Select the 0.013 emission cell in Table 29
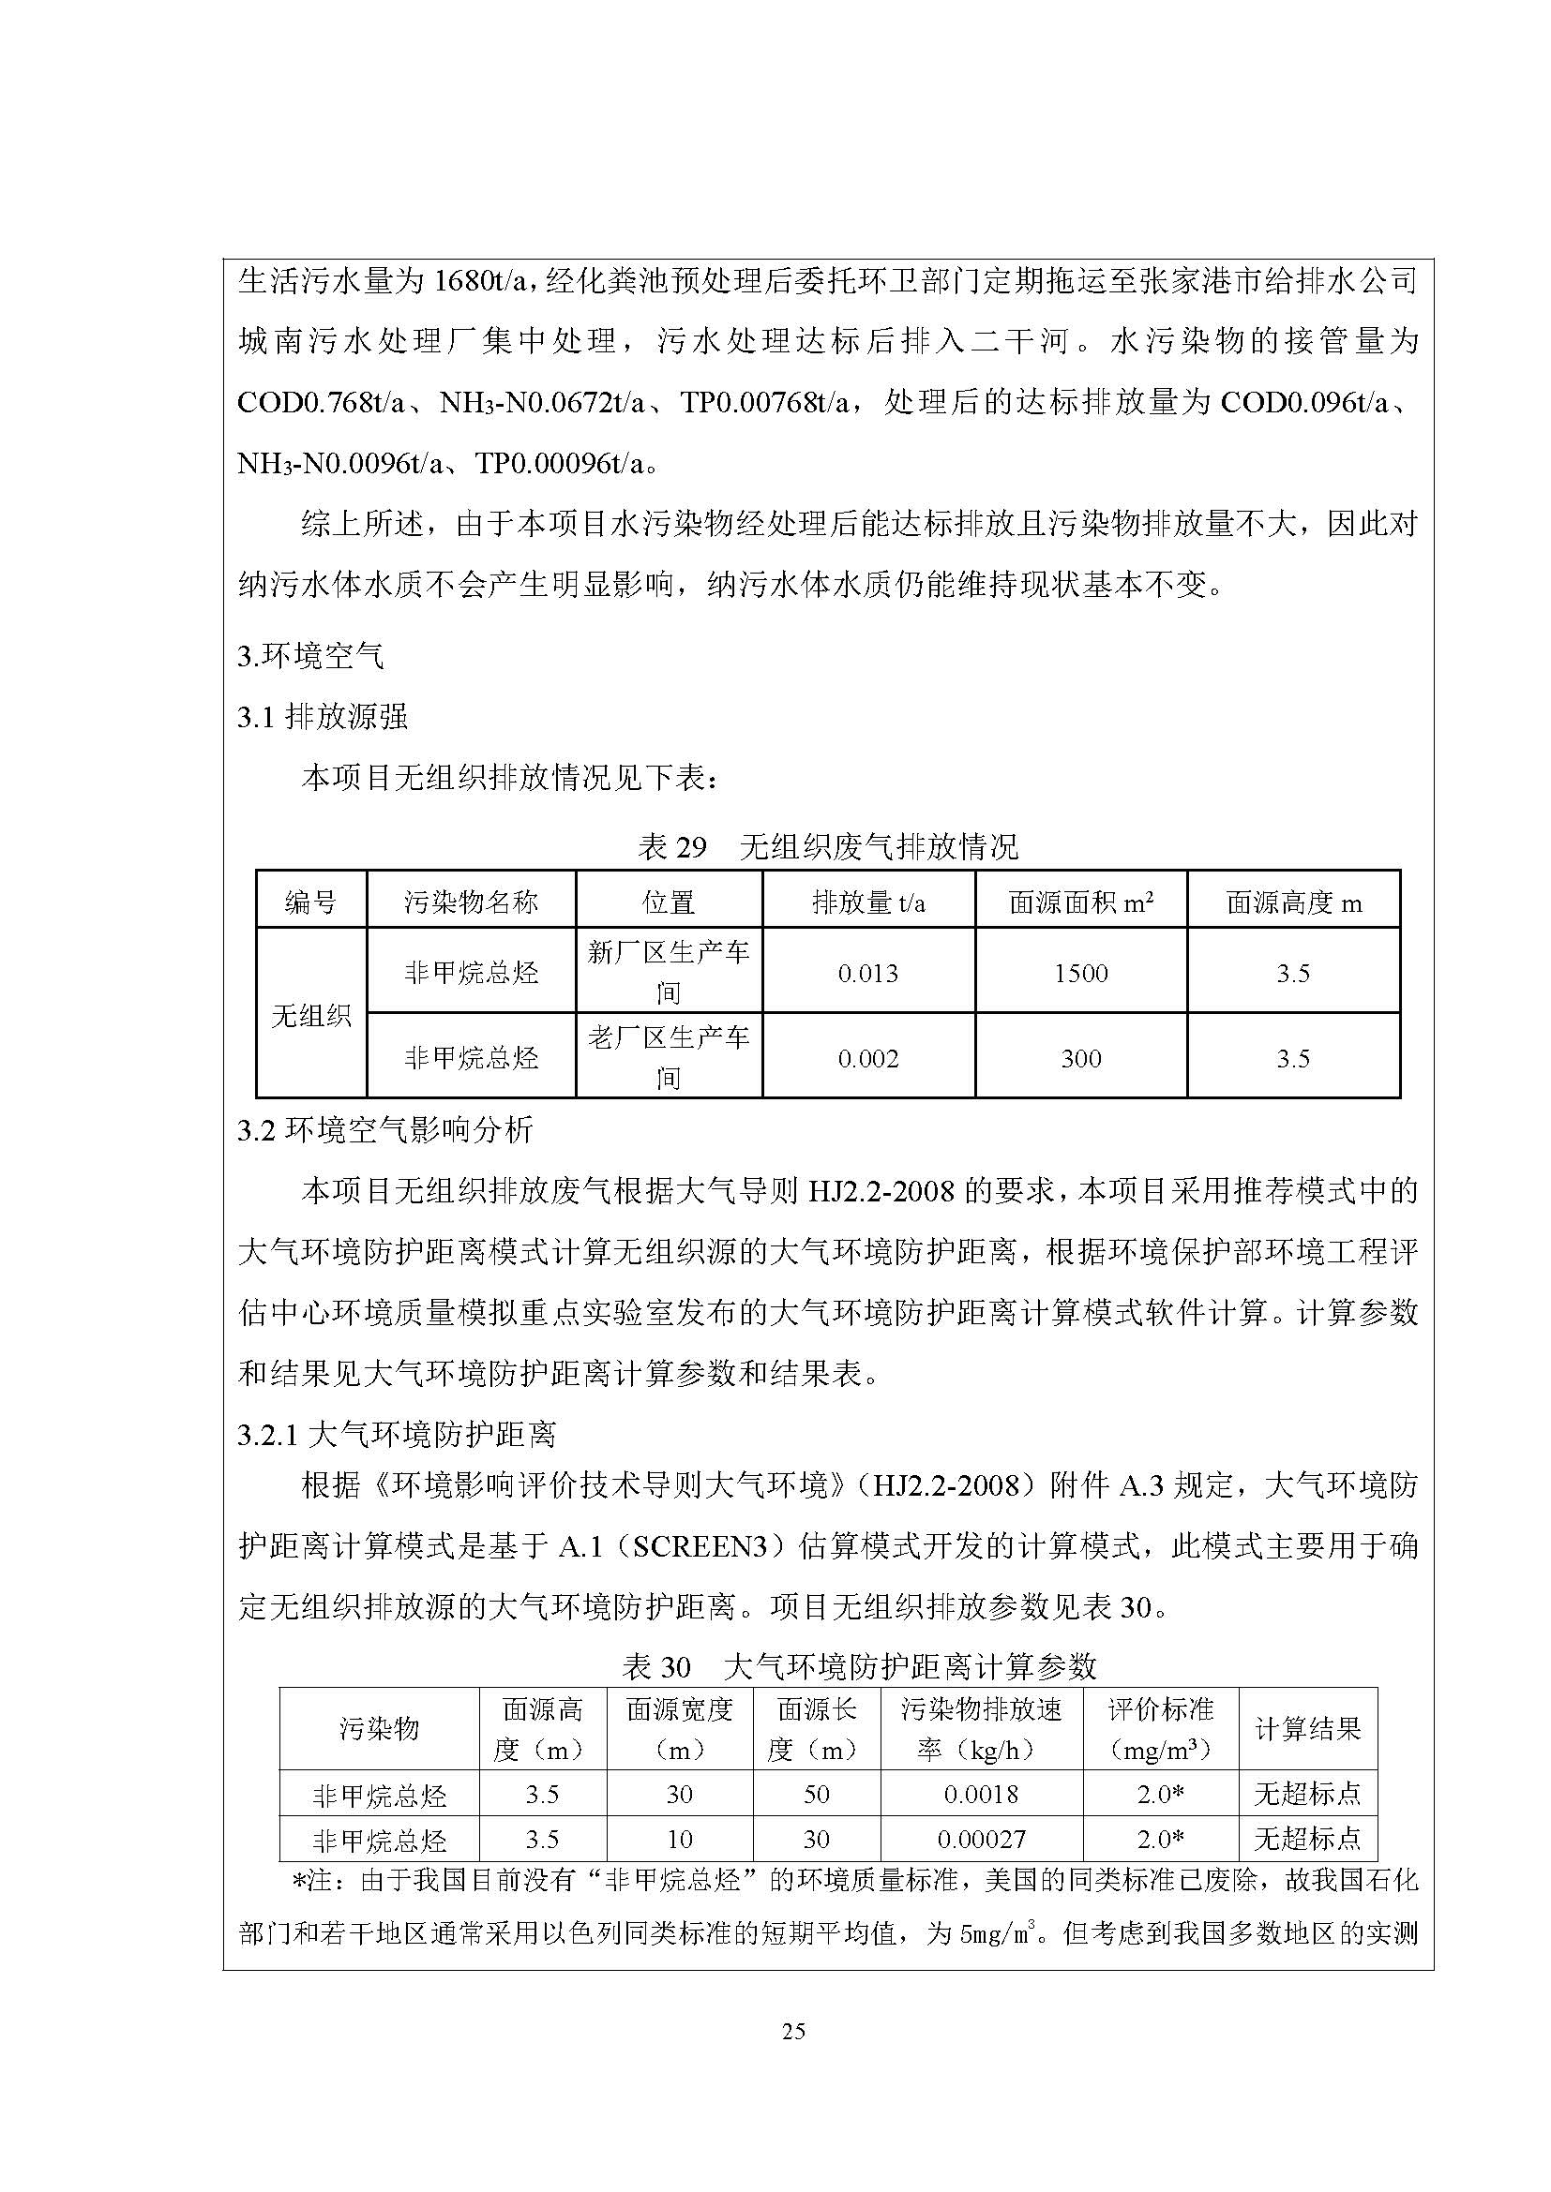pyautogui.click(x=868, y=974)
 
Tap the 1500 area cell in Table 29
pyautogui.click(x=1081, y=974)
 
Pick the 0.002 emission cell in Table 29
pyautogui.click(x=868, y=1059)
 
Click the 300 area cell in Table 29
pyautogui.click(x=1081, y=1059)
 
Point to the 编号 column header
pyautogui.click(x=310, y=902)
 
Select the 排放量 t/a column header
pyautogui.click(x=868, y=902)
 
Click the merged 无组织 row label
pyautogui.click(x=311, y=1016)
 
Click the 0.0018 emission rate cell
pyautogui.click(x=982, y=1795)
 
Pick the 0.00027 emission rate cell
pyautogui.click(x=982, y=1840)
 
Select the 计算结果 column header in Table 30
pyautogui.click(x=1307, y=1729)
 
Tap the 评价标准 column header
pyautogui.click(x=1160, y=1729)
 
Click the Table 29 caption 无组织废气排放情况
pyautogui.click(x=879, y=847)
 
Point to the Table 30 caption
pyautogui.click(x=859, y=1667)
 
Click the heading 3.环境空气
pyautogui.click(x=310, y=656)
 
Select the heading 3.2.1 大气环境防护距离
pyautogui.click(x=397, y=1434)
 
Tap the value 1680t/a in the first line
pyautogui.click(x=476, y=282)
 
